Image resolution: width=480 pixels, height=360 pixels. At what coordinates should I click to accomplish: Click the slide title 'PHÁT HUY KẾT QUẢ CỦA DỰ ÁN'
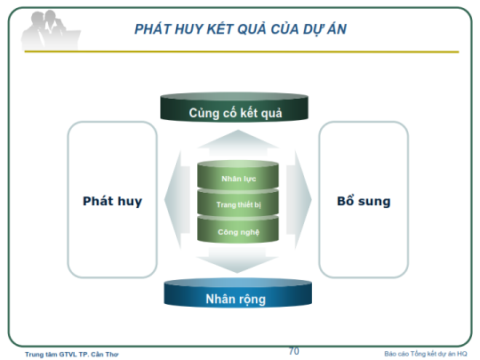(x=240, y=29)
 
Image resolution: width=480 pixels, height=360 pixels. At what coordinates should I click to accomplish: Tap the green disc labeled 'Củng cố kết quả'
(x=234, y=107)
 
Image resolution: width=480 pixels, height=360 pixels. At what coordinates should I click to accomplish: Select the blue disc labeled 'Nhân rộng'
(x=238, y=293)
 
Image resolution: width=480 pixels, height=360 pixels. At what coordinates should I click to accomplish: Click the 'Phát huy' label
(x=112, y=201)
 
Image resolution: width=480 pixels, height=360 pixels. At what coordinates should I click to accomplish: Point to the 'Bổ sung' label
(x=364, y=201)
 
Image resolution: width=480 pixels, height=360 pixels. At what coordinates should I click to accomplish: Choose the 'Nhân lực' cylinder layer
(x=238, y=175)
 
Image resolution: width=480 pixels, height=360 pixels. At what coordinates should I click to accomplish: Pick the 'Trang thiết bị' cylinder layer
(x=238, y=203)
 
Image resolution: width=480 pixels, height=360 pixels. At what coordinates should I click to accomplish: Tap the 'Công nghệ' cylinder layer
(x=238, y=229)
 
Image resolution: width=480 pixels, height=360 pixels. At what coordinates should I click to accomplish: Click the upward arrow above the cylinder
(x=238, y=144)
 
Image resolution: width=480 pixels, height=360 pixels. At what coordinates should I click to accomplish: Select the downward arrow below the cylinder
(x=237, y=260)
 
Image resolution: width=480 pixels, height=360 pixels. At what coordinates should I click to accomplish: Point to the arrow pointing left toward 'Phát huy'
(x=178, y=200)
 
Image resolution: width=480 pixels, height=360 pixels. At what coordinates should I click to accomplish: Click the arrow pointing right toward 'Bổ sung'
(x=299, y=200)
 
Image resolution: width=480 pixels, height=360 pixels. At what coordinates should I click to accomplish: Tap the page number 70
(x=294, y=351)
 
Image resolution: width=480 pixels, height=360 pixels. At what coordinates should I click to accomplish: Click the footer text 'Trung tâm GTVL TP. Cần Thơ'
(x=72, y=355)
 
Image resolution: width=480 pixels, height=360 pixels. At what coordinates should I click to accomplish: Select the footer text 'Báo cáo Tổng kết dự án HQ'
(x=426, y=354)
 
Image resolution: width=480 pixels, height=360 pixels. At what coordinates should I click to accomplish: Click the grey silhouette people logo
(x=51, y=30)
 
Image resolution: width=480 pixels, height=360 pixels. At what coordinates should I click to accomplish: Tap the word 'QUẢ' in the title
(x=247, y=28)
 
